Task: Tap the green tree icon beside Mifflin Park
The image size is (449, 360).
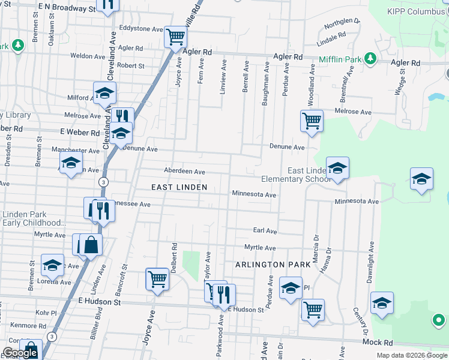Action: click(370, 58)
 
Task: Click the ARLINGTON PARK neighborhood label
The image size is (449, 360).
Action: click(273, 264)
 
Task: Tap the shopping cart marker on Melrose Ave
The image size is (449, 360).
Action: click(312, 121)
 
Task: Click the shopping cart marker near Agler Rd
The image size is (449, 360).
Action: click(175, 37)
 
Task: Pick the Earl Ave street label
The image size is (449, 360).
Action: click(265, 230)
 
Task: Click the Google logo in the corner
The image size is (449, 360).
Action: click(20, 353)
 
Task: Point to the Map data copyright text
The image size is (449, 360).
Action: click(412, 355)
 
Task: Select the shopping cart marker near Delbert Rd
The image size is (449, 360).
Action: click(157, 278)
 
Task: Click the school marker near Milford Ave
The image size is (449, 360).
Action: click(104, 92)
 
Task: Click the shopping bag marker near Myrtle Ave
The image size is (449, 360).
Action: click(91, 245)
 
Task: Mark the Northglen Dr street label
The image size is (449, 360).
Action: click(342, 23)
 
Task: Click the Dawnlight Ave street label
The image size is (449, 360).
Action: click(371, 262)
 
